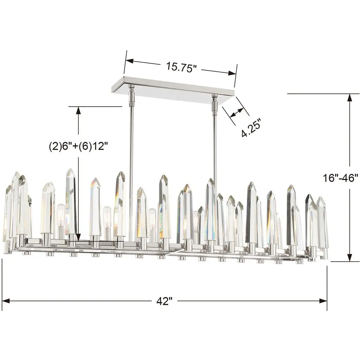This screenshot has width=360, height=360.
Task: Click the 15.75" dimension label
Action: point(181,67)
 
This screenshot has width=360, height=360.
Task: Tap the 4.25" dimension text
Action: point(251,128)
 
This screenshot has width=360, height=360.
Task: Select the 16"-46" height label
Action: point(340,178)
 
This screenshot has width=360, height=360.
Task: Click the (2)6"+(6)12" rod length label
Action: point(78,146)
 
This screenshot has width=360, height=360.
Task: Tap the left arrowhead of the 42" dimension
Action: point(6,301)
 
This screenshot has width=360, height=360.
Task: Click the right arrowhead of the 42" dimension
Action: point(323,301)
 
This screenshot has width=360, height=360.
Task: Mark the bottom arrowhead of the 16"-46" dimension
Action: point(349,257)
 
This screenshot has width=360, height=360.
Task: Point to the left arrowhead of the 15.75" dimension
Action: point(129,61)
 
